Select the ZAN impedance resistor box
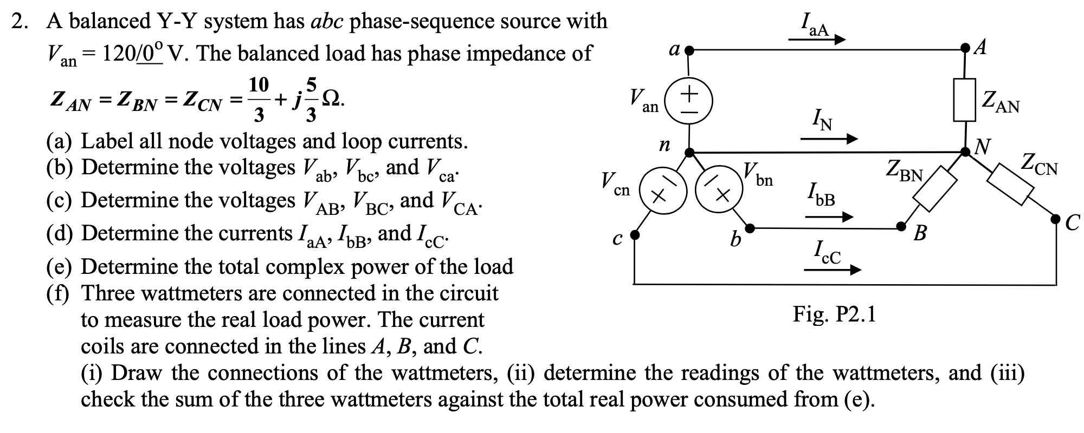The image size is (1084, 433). click(965, 100)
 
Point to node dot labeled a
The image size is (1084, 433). click(689, 52)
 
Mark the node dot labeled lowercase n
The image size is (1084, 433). click(689, 153)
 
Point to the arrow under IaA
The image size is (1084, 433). click(817, 40)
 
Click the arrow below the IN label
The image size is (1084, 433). click(829, 139)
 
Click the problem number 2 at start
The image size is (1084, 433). click(20, 22)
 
